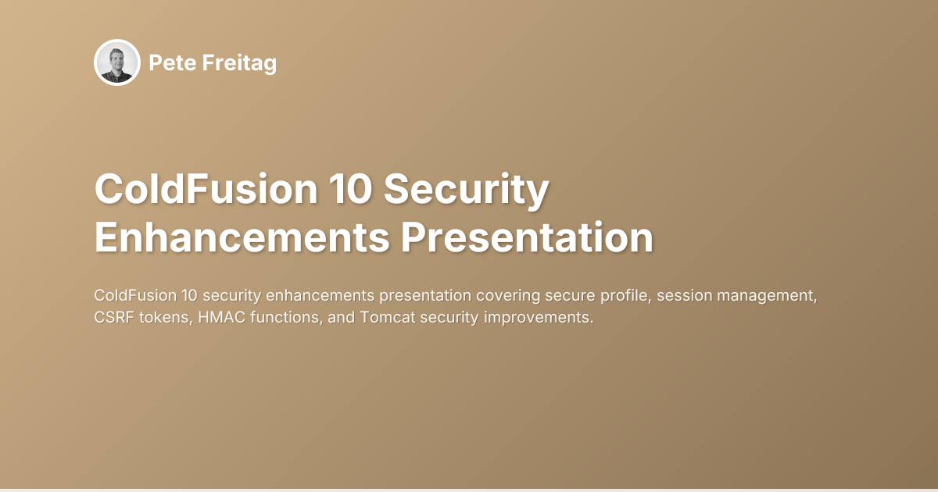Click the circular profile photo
click(117, 62)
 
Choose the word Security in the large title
click(467, 191)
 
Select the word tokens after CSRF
click(163, 319)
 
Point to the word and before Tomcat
click(332, 319)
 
